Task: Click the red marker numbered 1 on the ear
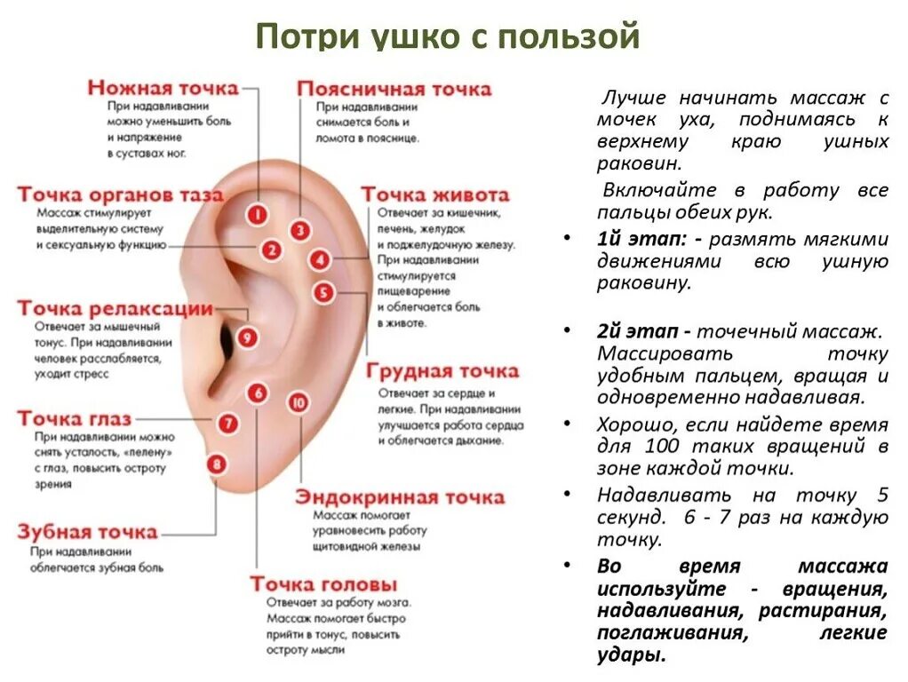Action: [257, 215]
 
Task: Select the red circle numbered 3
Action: [301, 231]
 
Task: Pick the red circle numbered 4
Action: [320, 260]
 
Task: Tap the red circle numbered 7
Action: [229, 424]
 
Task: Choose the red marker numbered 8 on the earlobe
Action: [216, 463]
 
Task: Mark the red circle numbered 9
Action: [248, 337]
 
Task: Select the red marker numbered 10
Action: [299, 402]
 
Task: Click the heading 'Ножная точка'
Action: [163, 87]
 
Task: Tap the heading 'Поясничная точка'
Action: [394, 89]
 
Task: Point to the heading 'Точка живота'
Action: [434, 194]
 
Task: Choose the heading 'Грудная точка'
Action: [442, 370]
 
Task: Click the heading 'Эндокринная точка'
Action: [400, 496]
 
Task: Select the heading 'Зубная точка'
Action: [87, 532]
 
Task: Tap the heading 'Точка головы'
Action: [323, 584]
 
